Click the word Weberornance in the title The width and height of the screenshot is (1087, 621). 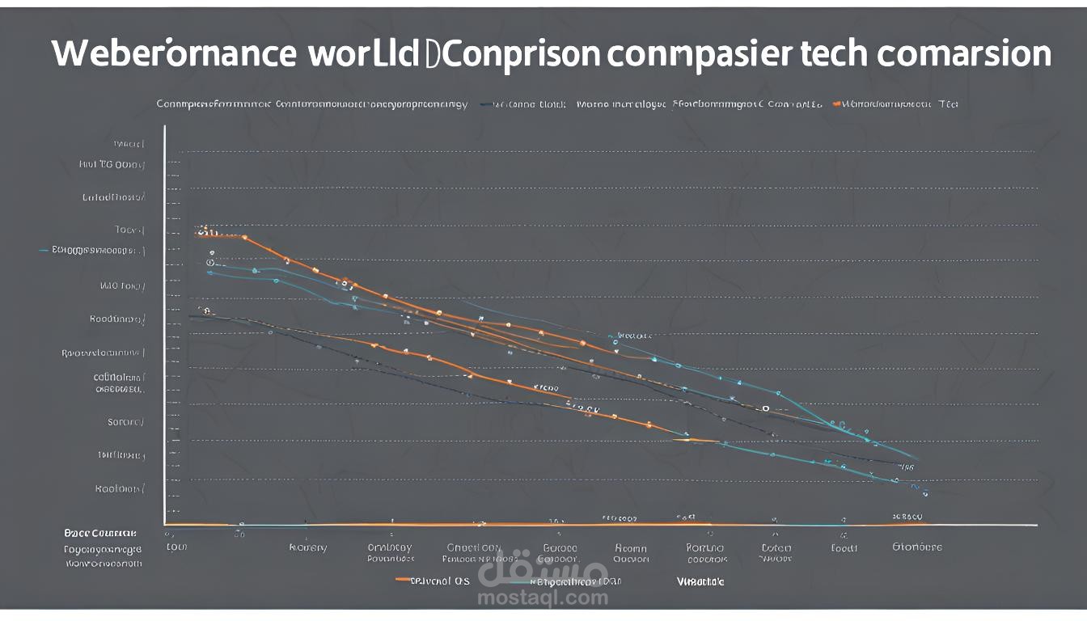pyautogui.click(x=174, y=54)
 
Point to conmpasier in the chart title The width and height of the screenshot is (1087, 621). pyautogui.click(x=698, y=54)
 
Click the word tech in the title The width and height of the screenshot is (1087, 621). pyautogui.click(x=833, y=54)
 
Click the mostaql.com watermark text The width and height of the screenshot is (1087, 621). pyautogui.click(x=543, y=598)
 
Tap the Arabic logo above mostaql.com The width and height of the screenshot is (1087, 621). pyautogui.click(x=543, y=571)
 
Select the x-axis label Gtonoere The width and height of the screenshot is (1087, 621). pyautogui.click(x=916, y=547)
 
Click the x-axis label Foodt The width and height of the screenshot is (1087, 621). pyautogui.click(x=844, y=547)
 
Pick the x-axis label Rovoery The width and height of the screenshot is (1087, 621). pyautogui.click(x=308, y=547)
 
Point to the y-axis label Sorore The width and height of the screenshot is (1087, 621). pyautogui.click(x=125, y=421)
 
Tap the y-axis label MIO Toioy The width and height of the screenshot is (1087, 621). pyautogui.click(x=122, y=285)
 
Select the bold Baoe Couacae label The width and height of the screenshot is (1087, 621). pyautogui.click(x=101, y=533)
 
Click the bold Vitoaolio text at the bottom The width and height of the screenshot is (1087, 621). pyautogui.click(x=700, y=581)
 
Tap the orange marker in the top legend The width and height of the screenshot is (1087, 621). pyautogui.click(x=837, y=104)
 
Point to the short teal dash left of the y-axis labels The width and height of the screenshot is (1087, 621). pyautogui.click(x=44, y=251)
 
